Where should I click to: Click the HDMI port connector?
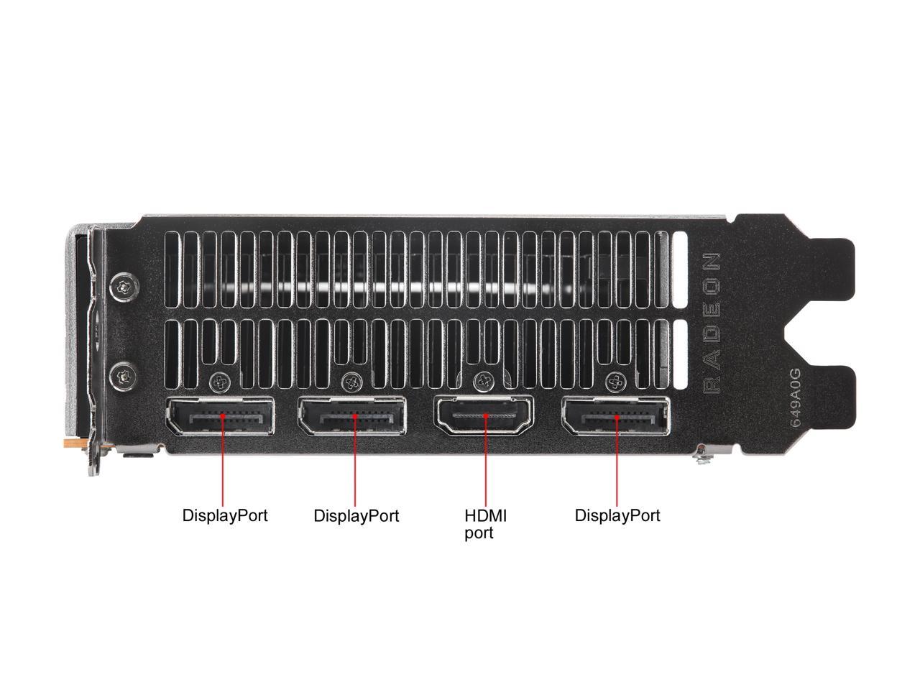coord(485,417)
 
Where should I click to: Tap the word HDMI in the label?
coord(486,515)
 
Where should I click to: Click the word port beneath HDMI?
coord(479,533)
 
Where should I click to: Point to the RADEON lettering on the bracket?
coord(711,323)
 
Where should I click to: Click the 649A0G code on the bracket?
coord(795,399)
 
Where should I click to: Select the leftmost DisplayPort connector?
coord(220,417)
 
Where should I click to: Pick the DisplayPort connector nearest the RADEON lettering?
coord(616,417)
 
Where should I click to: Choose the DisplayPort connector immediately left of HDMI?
coord(352,417)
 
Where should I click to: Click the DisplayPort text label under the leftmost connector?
coord(224,515)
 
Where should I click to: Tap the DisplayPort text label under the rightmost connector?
coord(617,515)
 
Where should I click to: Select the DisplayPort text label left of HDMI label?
coord(356,515)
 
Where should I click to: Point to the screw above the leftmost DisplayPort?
coord(218,380)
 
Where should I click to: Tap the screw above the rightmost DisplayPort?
coord(615,380)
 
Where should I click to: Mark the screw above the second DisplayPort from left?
coord(351,380)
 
